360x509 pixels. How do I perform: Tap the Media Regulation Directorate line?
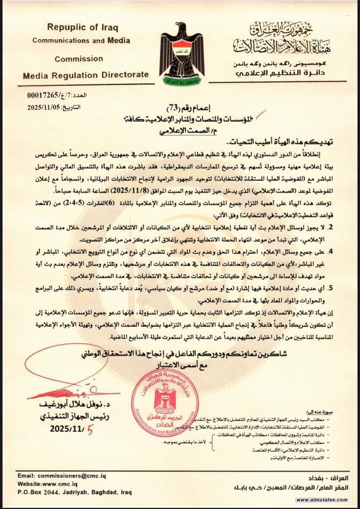pyautogui.click(x=86, y=74)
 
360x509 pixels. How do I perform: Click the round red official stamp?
pyautogui.click(x=165, y=402)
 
